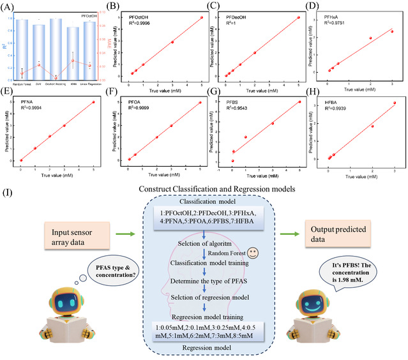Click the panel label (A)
point(8,8)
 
